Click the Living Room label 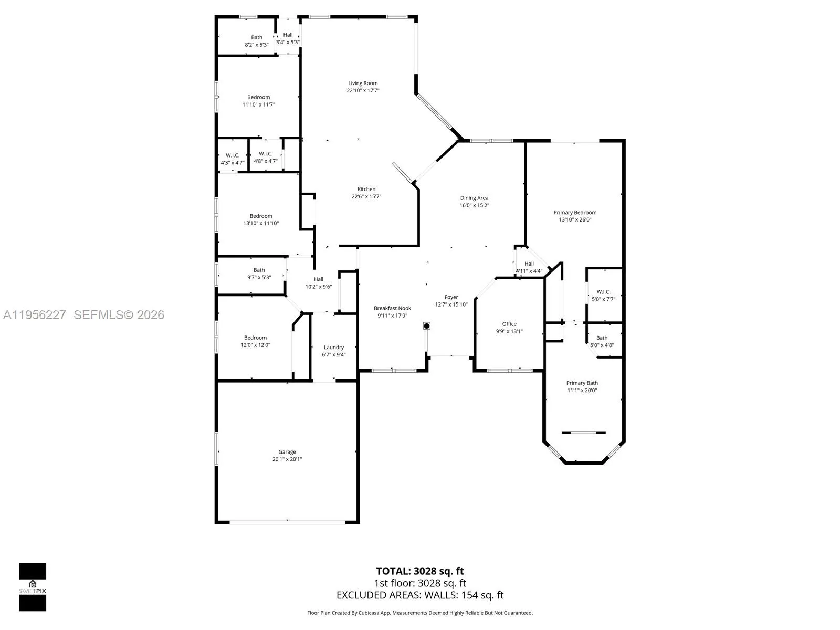pyautogui.click(x=363, y=83)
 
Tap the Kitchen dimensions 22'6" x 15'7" pyautogui.click(x=366, y=197)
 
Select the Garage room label pyautogui.click(x=287, y=451)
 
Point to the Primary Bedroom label pyautogui.click(x=575, y=213)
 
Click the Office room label pyautogui.click(x=509, y=324)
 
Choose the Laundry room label pyautogui.click(x=334, y=347)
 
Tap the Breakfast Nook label pyautogui.click(x=392, y=308)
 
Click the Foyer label pyautogui.click(x=451, y=297)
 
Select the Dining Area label pyautogui.click(x=474, y=198)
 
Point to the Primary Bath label pyautogui.click(x=582, y=383)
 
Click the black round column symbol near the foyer pyautogui.click(x=427, y=326)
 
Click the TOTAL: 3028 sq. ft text pyautogui.click(x=419, y=571)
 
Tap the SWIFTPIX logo pyautogui.click(x=33, y=586)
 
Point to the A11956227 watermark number pyautogui.click(x=35, y=314)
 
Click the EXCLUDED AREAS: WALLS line pyautogui.click(x=419, y=595)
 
